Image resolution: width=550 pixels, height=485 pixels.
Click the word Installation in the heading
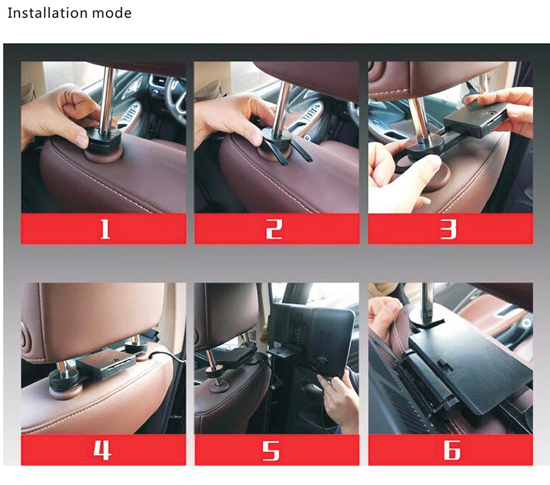pos(48,13)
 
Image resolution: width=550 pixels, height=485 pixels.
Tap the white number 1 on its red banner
pos(105,229)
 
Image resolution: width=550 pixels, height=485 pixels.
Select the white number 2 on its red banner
pos(274,229)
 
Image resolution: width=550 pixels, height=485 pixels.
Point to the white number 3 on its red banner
pos(449,229)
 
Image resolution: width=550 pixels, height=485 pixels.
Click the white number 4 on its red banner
pos(103,450)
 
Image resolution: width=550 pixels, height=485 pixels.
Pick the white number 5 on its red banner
pos(271,451)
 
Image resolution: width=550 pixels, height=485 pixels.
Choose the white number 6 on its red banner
pos(452,450)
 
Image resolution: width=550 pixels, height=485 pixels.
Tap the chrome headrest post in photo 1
pos(108,98)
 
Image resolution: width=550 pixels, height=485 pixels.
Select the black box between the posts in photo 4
pos(106,366)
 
